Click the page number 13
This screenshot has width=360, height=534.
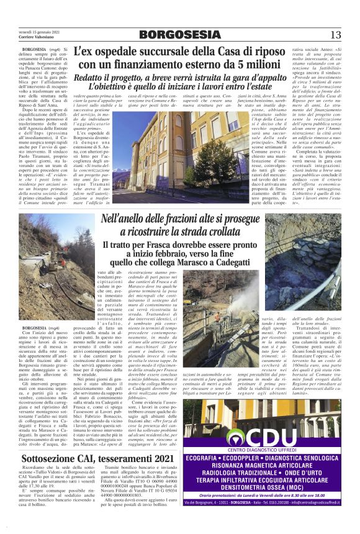pos(336,34)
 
